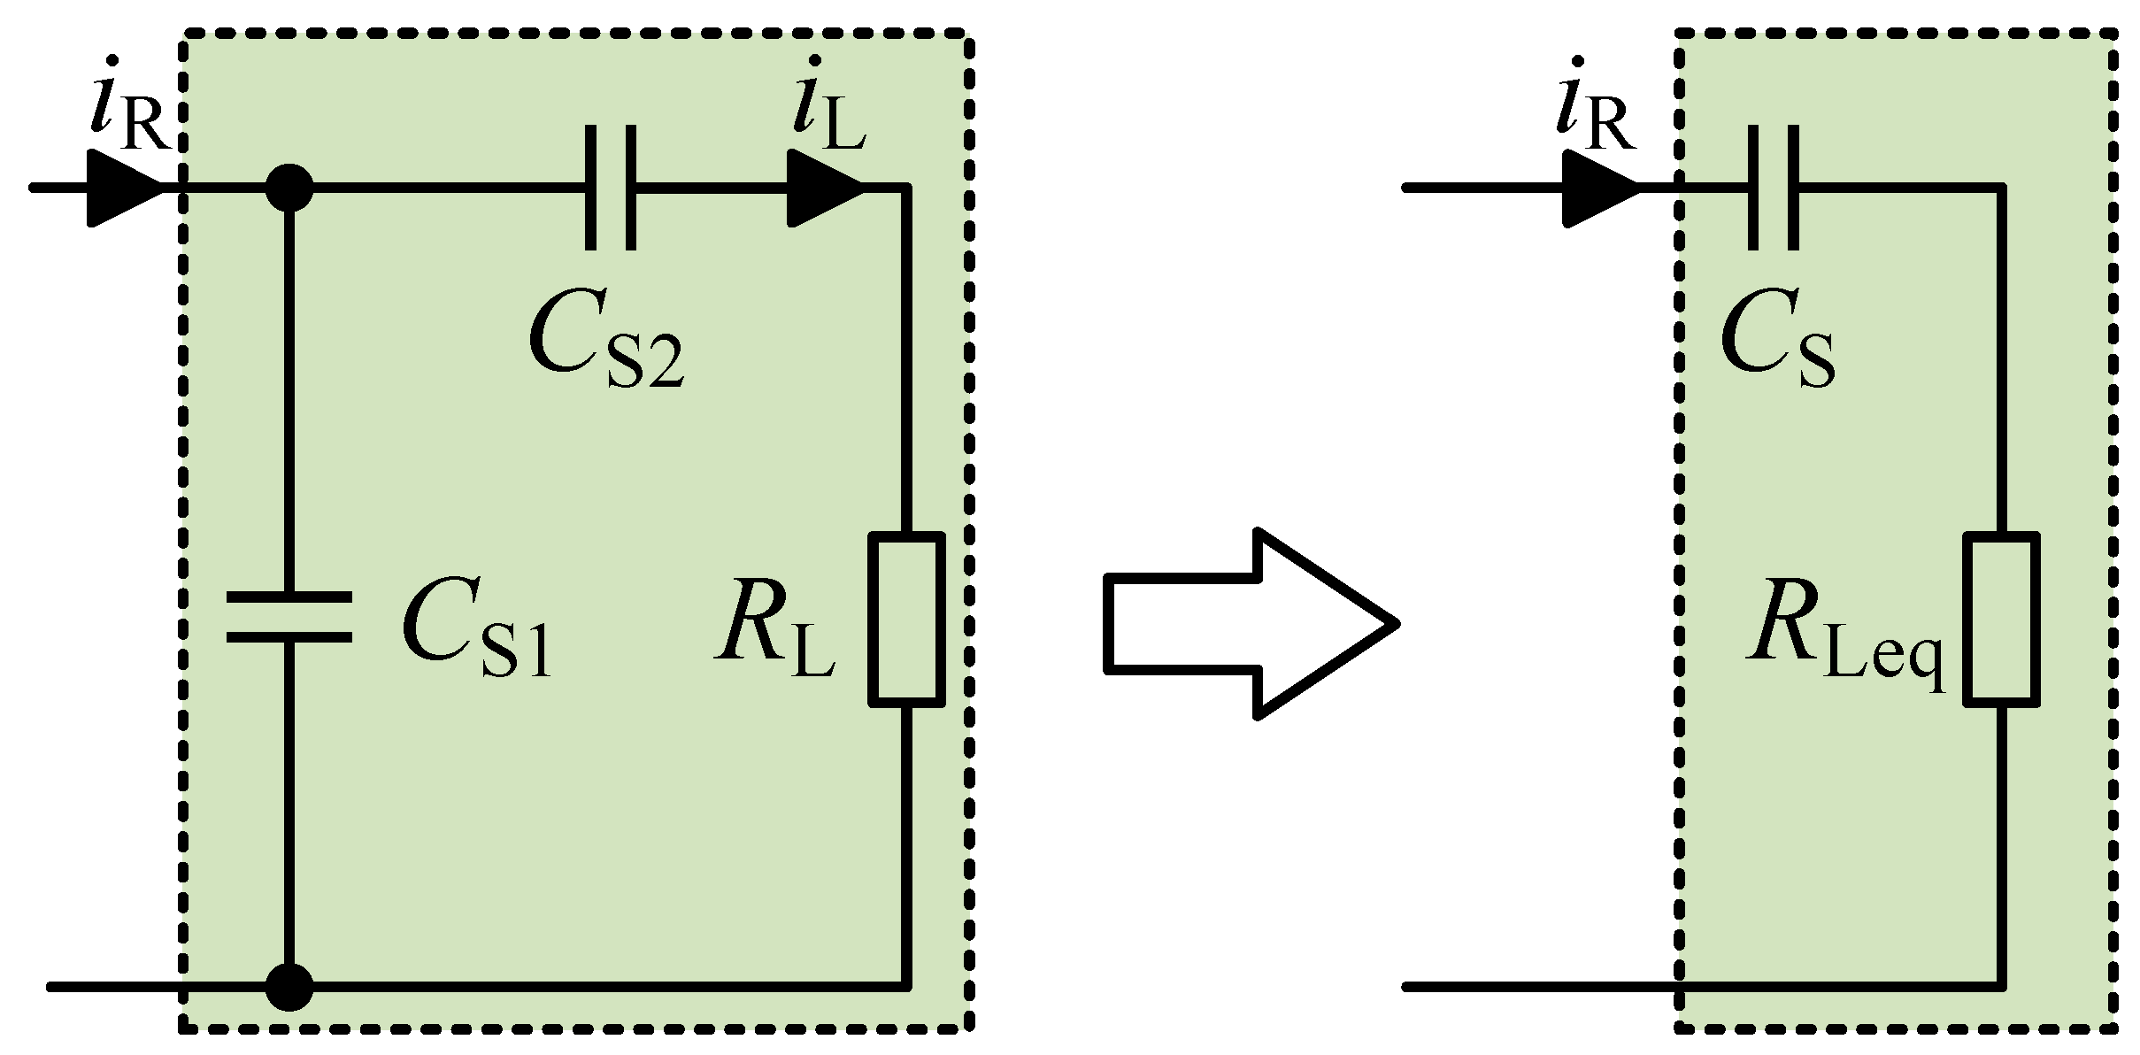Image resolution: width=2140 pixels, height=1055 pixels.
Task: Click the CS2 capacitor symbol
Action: [610, 188]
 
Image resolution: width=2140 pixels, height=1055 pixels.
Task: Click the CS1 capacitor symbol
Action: [289, 617]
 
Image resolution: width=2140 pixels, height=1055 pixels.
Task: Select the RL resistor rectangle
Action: [906, 620]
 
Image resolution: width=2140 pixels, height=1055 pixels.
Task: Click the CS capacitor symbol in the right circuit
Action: [1774, 188]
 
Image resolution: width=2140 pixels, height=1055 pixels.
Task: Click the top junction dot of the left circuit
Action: [289, 188]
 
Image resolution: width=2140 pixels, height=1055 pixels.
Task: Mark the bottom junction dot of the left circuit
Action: [289, 986]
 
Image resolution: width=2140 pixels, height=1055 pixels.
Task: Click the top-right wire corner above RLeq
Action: [2001, 188]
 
